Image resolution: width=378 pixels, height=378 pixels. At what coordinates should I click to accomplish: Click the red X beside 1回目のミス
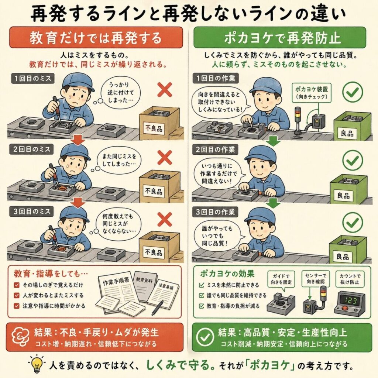165,89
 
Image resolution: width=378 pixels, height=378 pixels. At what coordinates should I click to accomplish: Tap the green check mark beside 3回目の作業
353,222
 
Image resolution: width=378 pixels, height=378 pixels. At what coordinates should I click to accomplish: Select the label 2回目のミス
32,150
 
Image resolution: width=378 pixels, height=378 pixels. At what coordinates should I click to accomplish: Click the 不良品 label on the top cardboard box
154,128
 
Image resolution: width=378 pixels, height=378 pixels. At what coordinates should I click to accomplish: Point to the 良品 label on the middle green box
344,195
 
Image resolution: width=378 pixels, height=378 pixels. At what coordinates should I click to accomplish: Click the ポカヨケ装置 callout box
312,93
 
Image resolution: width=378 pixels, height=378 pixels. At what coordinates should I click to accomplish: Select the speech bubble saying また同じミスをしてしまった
118,160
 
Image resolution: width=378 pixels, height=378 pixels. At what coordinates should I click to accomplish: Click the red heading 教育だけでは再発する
96,38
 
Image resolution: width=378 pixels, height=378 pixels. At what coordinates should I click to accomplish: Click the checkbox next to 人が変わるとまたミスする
17,296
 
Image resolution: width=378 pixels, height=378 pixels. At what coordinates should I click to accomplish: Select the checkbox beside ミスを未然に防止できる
202,285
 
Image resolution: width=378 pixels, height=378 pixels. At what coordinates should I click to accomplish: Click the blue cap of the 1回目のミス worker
78,82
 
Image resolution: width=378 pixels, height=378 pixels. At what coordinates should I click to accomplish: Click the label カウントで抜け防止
350,279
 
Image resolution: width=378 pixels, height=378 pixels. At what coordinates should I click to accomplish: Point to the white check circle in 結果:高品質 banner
205,337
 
